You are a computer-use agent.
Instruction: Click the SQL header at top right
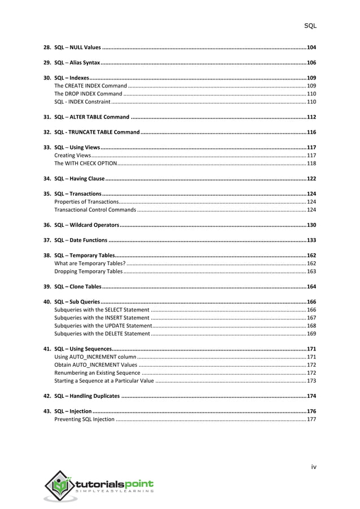pyautogui.click(x=310, y=26)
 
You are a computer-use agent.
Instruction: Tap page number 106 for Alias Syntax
pyautogui.click(x=311, y=62)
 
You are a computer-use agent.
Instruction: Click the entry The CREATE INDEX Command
pyautogui.click(x=90, y=85)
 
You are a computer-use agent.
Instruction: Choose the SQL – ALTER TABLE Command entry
pyautogui.click(x=91, y=117)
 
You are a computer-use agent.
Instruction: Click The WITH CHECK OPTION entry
pyautogui.click(x=85, y=163)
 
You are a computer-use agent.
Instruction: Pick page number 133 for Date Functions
pyautogui.click(x=311, y=240)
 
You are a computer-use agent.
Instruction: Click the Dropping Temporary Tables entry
pyautogui.click(x=88, y=271)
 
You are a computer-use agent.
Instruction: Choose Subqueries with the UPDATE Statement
pyautogui.click(x=103, y=326)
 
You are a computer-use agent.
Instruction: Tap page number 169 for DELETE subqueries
pyautogui.click(x=311, y=334)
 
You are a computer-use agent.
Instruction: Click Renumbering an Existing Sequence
pyautogui.click(x=97, y=372)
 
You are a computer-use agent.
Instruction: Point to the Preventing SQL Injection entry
pyautogui.click(x=84, y=419)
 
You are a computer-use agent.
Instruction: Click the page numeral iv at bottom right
pyautogui.click(x=314, y=467)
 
